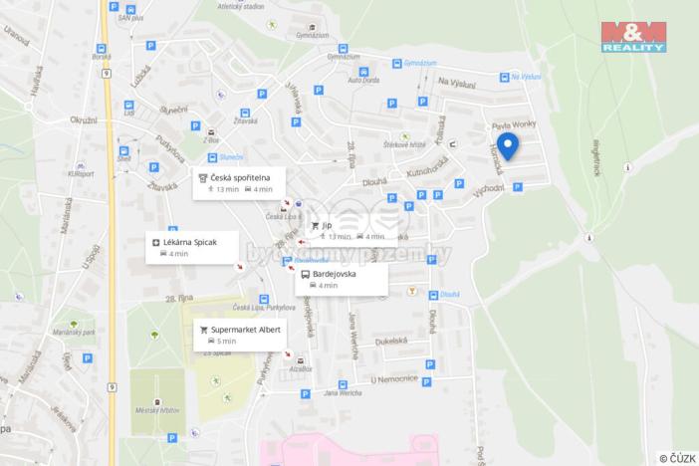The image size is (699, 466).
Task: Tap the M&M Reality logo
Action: [633, 35]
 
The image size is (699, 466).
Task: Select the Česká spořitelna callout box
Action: [239, 182]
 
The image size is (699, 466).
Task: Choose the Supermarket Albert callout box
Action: [240, 334]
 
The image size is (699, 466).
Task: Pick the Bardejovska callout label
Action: [341, 279]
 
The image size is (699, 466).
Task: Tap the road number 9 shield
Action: [110, 386]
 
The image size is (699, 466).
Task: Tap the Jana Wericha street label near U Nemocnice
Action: [342, 393]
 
